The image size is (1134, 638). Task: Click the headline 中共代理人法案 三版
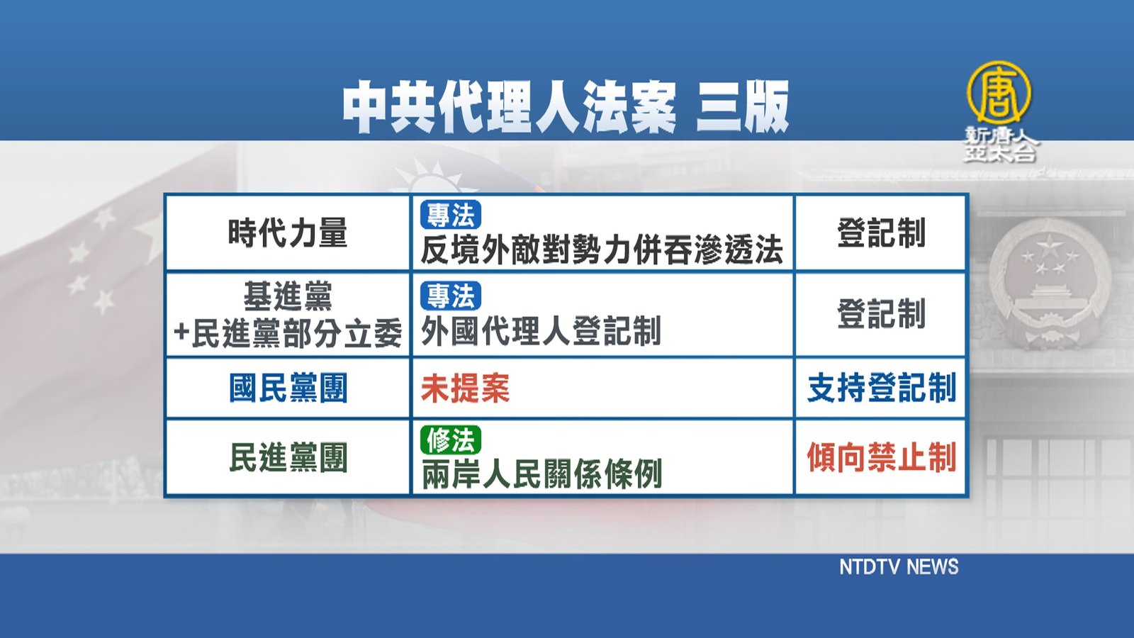point(565,107)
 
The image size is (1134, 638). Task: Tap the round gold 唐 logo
point(999,92)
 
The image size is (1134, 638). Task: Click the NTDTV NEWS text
point(899,566)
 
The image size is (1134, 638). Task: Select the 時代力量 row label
point(288,233)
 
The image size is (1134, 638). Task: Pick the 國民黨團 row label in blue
point(288,388)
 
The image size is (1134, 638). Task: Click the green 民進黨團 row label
point(288,457)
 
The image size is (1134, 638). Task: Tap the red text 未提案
point(465,388)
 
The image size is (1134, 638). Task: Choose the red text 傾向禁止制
point(882,457)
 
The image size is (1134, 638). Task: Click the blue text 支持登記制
point(882,388)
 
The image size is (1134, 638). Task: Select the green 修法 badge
point(450,440)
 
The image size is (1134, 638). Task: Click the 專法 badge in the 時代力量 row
point(450,215)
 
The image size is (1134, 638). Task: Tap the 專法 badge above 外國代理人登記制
point(450,296)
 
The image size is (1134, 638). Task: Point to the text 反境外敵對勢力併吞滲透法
point(602,250)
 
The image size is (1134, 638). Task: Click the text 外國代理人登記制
point(541,330)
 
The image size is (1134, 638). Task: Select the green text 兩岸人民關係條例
point(541,474)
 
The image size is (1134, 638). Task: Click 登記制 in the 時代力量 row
point(882,233)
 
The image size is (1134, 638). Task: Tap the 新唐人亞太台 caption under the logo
point(999,145)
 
